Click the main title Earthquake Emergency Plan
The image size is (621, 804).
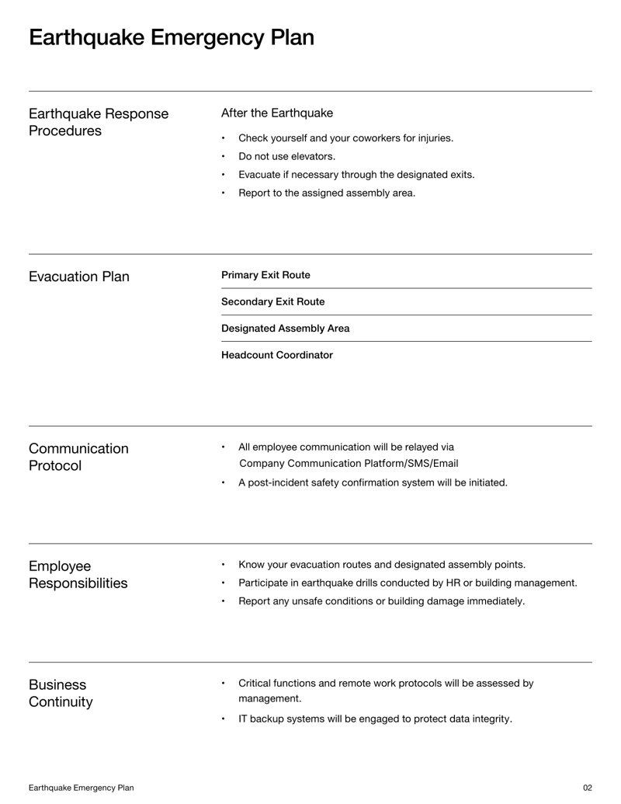(x=172, y=37)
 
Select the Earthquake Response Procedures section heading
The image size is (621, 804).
(x=99, y=122)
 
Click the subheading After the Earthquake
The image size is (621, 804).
(x=277, y=113)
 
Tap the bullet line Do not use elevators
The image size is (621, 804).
(x=286, y=156)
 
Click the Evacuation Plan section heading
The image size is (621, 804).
(x=79, y=277)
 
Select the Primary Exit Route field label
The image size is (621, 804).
(x=265, y=275)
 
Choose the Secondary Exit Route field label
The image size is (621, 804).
(x=273, y=301)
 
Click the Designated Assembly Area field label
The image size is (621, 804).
(x=285, y=329)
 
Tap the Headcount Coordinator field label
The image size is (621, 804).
(x=277, y=355)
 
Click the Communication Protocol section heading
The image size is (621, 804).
(x=78, y=458)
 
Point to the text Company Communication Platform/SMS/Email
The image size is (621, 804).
(x=349, y=464)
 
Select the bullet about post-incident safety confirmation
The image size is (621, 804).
(x=373, y=482)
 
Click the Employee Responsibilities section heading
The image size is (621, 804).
(x=78, y=575)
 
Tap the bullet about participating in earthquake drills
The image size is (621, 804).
(x=408, y=583)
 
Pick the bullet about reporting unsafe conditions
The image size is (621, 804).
(x=381, y=601)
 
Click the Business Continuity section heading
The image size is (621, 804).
(x=61, y=694)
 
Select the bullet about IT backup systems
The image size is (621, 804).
(x=375, y=719)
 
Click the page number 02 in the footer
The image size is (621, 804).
(x=587, y=788)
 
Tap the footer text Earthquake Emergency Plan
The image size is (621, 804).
(x=82, y=788)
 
